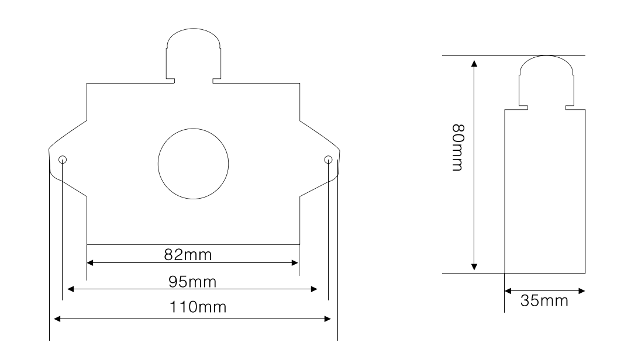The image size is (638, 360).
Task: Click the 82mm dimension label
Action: point(188,255)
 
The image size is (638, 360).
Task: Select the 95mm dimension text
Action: point(192,282)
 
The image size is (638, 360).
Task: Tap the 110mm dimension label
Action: point(198,307)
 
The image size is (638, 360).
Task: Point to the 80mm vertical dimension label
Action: point(458,148)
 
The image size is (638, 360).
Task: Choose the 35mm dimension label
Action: point(544,300)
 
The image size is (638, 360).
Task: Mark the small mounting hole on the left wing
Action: point(63,159)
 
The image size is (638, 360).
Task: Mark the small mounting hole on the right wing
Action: point(329,160)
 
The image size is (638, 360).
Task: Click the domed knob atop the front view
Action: point(194,29)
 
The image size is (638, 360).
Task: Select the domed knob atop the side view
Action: point(546,56)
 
